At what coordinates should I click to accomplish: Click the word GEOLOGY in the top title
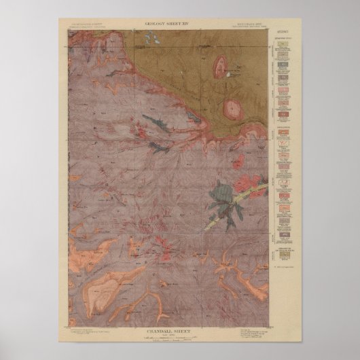(156, 24)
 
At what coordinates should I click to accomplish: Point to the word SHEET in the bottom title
(187, 332)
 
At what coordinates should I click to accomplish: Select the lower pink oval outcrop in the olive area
(233, 107)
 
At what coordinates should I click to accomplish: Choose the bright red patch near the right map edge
(245, 184)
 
